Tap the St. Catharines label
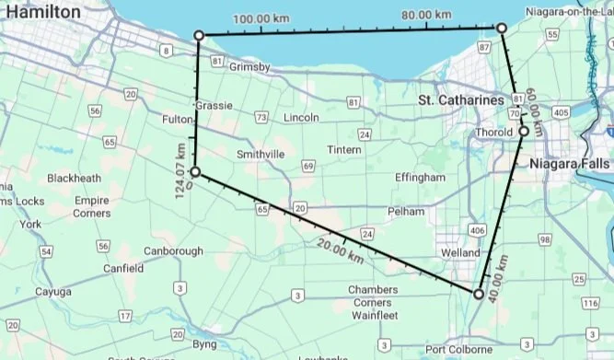461,99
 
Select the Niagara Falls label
570,164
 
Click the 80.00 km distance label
427,15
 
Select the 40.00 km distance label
499,269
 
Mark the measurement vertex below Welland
478,295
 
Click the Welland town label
460,252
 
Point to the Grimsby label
249,67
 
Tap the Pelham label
406,212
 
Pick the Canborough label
173,251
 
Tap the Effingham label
420,177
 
